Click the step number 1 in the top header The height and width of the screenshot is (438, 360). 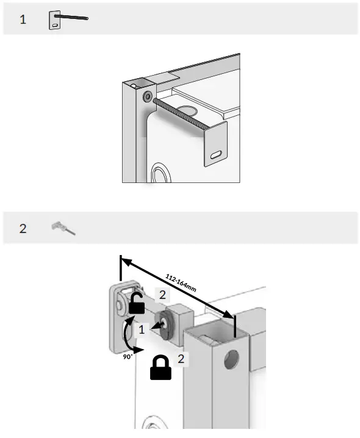click(x=23, y=20)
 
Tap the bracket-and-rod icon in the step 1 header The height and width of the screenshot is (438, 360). click(x=67, y=19)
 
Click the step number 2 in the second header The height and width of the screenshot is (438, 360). click(x=23, y=229)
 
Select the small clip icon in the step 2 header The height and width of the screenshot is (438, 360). click(x=63, y=229)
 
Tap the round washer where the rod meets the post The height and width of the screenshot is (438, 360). click(x=147, y=96)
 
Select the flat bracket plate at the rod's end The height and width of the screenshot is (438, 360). click(x=213, y=144)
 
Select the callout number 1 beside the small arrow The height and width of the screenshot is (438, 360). click(x=142, y=329)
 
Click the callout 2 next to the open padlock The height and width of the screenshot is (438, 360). click(x=162, y=295)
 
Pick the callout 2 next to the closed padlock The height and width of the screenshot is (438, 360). click(x=181, y=359)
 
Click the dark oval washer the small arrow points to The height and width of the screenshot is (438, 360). click(x=164, y=324)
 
